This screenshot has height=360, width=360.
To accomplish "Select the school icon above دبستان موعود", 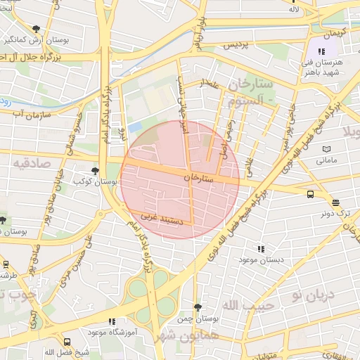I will [x=261, y=249].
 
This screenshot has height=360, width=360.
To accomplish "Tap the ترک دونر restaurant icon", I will [x=335, y=202].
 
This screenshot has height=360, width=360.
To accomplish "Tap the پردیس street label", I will [x=236, y=44].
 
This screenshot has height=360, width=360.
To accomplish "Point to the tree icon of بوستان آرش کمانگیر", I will [x=37, y=29].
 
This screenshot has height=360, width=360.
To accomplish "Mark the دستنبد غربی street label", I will [x=162, y=219].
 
